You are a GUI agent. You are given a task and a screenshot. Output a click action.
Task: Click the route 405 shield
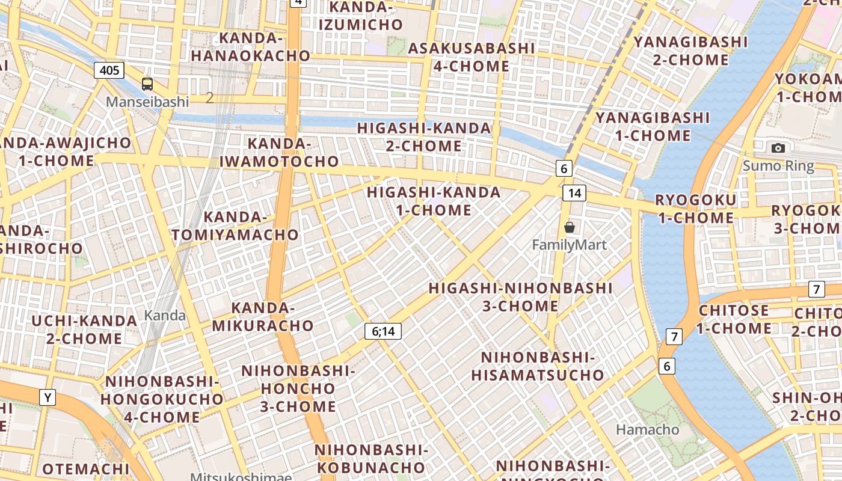pyautogui.click(x=109, y=70)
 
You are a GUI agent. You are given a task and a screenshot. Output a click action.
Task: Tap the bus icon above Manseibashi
pyautogui.click(x=147, y=84)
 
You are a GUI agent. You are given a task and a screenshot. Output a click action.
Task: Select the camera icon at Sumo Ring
pyautogui.click(x=778, y=148)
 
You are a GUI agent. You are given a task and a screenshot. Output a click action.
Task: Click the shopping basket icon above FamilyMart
pyautogui.click(x=569, y=227)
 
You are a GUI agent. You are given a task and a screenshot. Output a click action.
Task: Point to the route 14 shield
pyautogui.click(x=574, y=193)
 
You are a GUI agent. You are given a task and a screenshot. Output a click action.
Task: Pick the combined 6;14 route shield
pyautogui.click(x=383, y=331)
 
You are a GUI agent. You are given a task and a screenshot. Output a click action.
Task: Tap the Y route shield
pyautogui.click(x=48, y=397)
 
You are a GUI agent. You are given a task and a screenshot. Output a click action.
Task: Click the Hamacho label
pyautogui.click(x=647, y=429)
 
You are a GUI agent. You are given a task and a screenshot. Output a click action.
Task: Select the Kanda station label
pyautogui.click(x=165, y=315)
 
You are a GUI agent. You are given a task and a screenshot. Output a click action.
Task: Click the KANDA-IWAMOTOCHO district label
pyautogui.click(x=279, y=153)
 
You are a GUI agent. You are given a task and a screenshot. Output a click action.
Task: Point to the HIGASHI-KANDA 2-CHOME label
pyautogui.click(x=425, y=137)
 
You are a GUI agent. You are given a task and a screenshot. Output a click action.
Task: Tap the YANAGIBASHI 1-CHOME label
pyautogui.click(x=653, y=126)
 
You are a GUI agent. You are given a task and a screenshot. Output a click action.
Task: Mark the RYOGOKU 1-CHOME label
pyautogui.click(x=695, y=209)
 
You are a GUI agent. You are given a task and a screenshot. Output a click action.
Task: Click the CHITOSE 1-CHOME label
pyautogui.click(x=734, y=320)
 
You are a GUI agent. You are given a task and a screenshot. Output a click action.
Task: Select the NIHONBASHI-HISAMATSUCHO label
pyautogui.click(x=538, y=367)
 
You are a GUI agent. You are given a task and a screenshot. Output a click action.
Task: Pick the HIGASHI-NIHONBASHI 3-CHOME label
pyautogui.click(x=520, y=297)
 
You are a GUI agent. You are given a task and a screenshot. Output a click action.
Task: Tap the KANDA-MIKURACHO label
pyautogui.click(x=263, y=317)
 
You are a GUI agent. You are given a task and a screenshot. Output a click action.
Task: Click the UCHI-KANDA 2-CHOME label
pyautogui.click(x=84, y=329)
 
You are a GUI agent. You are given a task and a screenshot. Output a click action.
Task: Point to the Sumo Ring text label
pyautogui.click(x=778, y=166)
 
